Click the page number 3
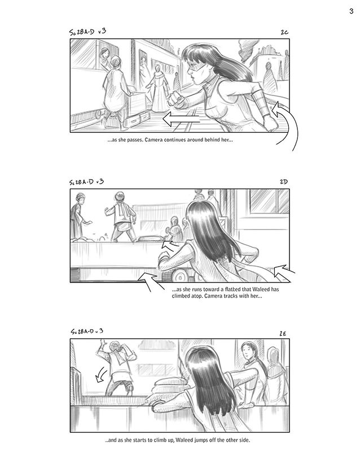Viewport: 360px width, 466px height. point(352,11)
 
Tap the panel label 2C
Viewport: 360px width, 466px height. point(284,32)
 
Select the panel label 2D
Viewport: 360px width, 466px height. point(284,181)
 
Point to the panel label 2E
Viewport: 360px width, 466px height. point(283,334)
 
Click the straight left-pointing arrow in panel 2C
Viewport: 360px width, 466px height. point(181,119)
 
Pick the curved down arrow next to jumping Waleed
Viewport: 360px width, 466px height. point(101,374)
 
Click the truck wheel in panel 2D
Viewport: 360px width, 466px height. point(179,276)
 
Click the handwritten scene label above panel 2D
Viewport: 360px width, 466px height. point(87,181)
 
